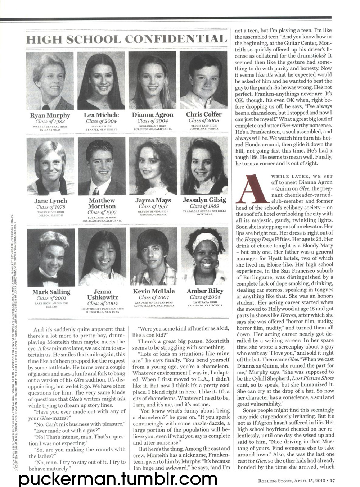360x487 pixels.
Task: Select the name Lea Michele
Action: pyautogui.click(x=102, y=115)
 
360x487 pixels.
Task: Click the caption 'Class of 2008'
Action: pyautogui.click(x=204, y=120)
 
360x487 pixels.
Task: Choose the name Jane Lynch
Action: pyautogui.click(x=51, y=201)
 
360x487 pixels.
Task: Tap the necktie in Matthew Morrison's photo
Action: pyautogui.click(x=96, y=191)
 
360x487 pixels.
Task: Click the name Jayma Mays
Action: pyautogui.click(x=153, y=200)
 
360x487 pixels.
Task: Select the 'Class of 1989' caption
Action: pyautogui.click(x=204, y=206)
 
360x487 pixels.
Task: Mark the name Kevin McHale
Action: pyautogui.click(x=154, y=291)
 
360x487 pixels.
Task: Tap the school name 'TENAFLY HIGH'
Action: pyautogui.click(x=102, y=126)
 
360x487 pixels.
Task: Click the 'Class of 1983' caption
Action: pyautogui.click(x=50, y=121)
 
